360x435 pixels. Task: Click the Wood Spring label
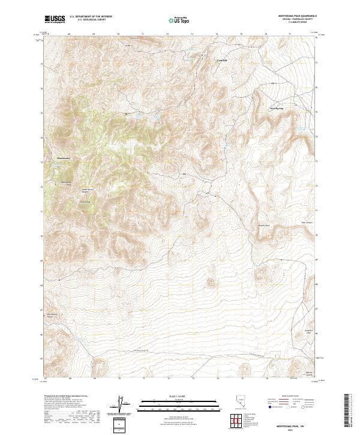[276, 109]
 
